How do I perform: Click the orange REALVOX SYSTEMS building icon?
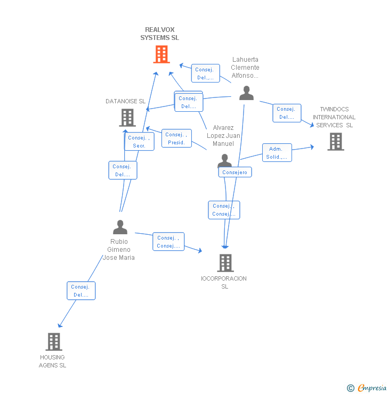point(161,54)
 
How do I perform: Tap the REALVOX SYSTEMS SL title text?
point(160,34)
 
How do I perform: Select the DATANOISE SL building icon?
point(127,118)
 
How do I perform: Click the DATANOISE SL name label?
point(125,101)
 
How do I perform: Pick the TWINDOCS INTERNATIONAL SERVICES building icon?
point(335,142)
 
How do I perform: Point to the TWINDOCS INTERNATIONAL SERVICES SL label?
point(334,117)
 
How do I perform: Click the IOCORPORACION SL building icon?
point(225,263)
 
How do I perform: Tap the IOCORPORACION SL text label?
point(224,282)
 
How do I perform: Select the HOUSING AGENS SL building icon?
point(54,342)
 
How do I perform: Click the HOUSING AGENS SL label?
point(52,361)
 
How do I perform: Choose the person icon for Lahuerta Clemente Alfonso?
point(246,93)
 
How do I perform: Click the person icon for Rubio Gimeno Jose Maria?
point(120,227)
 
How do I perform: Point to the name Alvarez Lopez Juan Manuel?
point(223,136)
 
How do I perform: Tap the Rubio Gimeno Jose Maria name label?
point(119,250)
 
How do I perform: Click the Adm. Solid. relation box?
point(277,153)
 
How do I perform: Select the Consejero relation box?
point(235,173)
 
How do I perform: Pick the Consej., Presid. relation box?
point(176,138)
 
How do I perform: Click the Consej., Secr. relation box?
point(140,142)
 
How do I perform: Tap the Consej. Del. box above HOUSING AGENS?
point(81,291)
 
